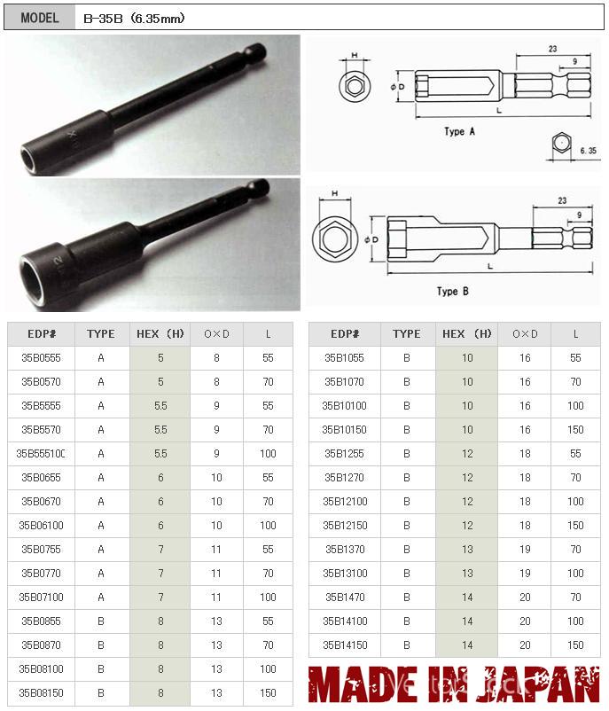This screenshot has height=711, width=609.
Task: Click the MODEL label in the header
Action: pos(39,18)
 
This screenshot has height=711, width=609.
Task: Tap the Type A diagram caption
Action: pos(459,131)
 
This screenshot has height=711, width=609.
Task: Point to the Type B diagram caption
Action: pos(452,291)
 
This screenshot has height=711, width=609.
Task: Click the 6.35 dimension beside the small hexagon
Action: pos(588,152)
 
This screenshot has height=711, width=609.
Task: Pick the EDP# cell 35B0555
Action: pos(41,358)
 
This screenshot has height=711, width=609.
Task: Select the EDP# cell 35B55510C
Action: pos(41,454)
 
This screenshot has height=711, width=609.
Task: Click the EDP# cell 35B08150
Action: pos(41,693)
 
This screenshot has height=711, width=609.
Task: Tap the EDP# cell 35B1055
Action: pos(344,358)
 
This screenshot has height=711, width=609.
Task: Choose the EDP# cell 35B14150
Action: pos(344,645)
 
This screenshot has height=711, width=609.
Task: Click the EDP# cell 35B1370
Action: pos(344,550)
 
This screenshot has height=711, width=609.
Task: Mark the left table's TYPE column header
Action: pos(101,334)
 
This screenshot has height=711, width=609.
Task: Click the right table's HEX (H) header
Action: pos(466,334)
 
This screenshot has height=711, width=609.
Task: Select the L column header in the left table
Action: pos(268,334)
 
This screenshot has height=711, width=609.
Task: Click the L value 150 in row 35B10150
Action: pos(575,430)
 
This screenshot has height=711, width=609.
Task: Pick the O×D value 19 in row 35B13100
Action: pos(525,574)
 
